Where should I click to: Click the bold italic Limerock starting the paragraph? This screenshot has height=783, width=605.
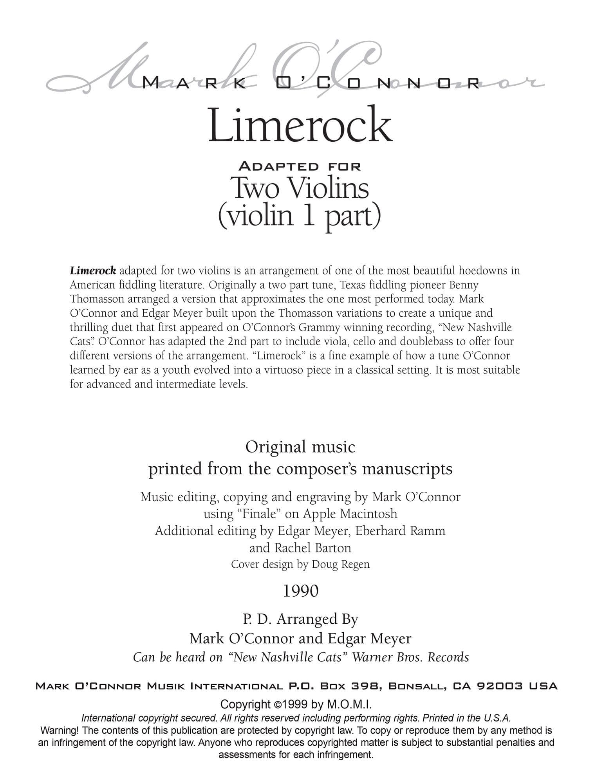tap(93, 271)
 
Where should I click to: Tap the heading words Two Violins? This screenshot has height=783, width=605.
tap(300, 188)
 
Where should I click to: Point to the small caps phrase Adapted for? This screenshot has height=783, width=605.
tap(300, 166)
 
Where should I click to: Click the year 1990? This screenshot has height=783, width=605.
tap(300, 591)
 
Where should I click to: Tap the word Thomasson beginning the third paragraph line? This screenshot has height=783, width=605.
tap(92, 299)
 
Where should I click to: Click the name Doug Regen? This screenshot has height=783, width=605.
tap(340, 564)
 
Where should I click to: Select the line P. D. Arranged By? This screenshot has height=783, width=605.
tap(300, 619)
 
